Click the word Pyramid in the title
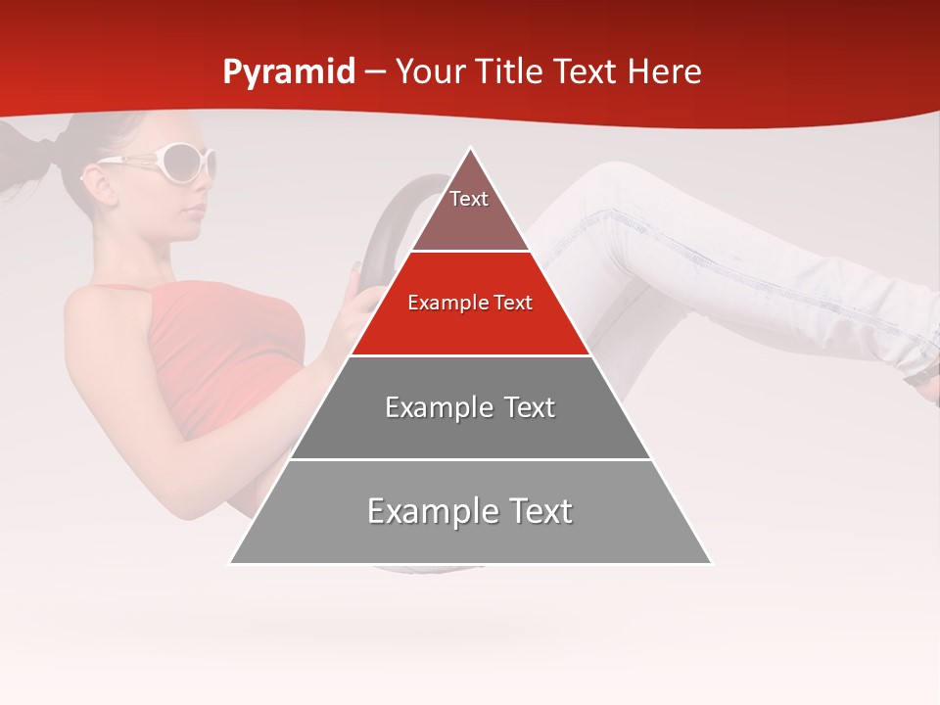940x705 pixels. tap(288, 72)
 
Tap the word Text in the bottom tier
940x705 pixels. tap(533, 512)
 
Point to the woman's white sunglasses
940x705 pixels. tap(176, 163)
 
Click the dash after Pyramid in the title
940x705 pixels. tap(375, 72)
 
